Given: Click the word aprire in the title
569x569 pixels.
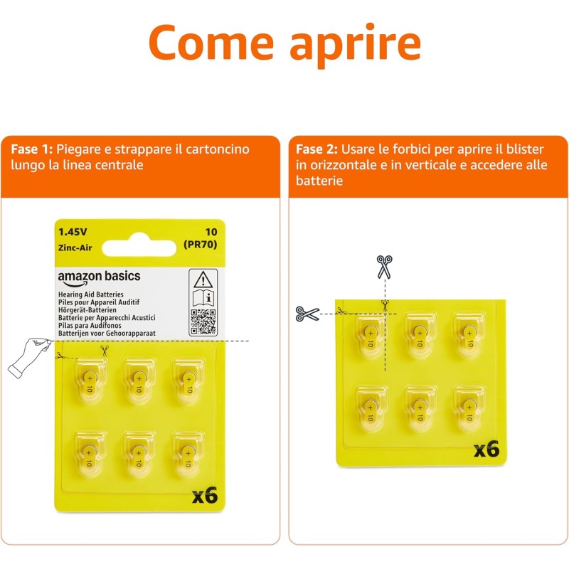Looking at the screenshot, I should click(356, 44).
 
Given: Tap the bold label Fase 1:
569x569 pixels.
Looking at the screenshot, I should click(31, 150).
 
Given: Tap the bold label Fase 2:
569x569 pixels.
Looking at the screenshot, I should click(317, 150).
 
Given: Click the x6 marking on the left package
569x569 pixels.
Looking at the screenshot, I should click(204, 496).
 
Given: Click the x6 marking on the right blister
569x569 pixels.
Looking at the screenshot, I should click(487, 449).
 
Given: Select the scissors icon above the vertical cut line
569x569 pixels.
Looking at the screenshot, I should click(385, 267).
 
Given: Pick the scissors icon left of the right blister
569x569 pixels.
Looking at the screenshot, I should click(308, 313).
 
